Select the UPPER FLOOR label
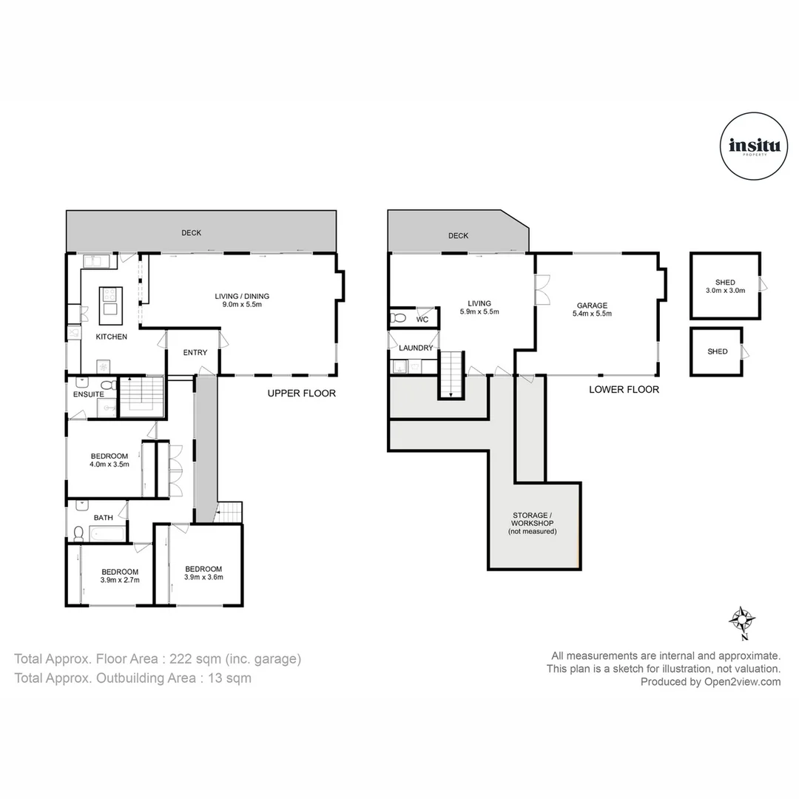click(301, 394)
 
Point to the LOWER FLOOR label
click(623, 389)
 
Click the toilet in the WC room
click(398, 318)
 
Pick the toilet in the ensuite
click(107, 385)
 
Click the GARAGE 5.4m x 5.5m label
click(592, 309)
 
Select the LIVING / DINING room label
click(237, 300)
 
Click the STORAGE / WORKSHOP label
click(532, 522)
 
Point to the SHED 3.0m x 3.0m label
click(725, 286)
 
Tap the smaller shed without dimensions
click(716, 352)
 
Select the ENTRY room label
click(195, 352)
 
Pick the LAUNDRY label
click(415, 348)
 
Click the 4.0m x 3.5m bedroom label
click(109, 460)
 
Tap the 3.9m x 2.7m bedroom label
click(120, 576)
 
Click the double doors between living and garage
click(542, 289)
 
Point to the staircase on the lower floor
click(451, 374)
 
